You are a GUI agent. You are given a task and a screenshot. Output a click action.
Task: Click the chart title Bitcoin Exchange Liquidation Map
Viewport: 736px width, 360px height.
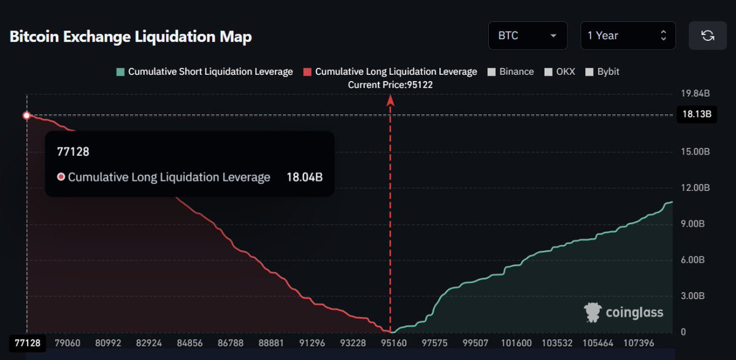pos(131,37)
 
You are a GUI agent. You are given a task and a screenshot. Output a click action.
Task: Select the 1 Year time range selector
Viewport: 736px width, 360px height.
pos(627,36)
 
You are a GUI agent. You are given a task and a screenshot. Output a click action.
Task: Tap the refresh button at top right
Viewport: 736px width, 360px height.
pos(707,36)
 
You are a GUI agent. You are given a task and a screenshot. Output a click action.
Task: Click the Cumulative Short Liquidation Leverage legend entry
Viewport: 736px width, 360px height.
pos(204,72)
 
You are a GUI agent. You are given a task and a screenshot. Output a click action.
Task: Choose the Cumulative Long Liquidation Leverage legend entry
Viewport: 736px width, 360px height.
pos(390,72)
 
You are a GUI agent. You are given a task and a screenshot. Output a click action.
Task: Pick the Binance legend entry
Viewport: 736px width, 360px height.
pos(510,72)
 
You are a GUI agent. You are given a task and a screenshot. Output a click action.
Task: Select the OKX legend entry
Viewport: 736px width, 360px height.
pos(561,72)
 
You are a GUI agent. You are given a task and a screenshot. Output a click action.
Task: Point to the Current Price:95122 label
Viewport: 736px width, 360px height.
pos(390,85)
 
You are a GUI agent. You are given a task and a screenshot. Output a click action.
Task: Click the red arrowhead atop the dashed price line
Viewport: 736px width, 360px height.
pos(390,101)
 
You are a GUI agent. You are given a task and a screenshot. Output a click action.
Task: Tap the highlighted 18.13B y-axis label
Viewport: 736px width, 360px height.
pos(696,115)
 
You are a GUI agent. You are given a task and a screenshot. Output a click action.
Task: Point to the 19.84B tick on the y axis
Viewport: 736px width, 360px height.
pos(696,94)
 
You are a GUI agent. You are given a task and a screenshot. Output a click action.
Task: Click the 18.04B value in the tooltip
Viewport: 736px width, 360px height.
pos(304,177)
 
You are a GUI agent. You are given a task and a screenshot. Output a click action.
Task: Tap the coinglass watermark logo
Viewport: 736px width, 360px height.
pos(624,312)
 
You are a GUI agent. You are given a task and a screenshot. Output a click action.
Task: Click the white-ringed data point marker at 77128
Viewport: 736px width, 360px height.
pos(26,115)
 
